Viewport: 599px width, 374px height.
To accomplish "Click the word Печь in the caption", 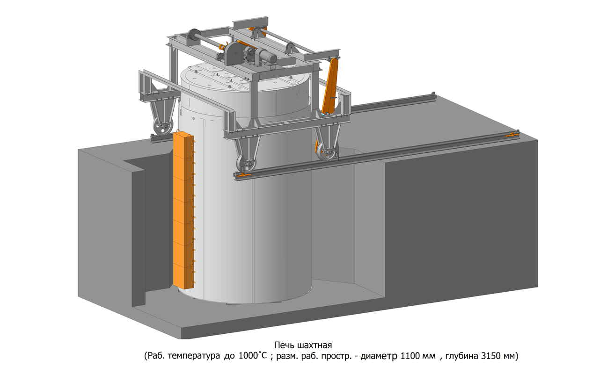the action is tap(284, 345).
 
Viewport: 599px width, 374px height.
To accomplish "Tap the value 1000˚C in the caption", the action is tap(253, 356).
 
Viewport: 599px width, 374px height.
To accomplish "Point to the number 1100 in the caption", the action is tap(410, 356).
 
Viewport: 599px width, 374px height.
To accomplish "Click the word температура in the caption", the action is tap(194, 356).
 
